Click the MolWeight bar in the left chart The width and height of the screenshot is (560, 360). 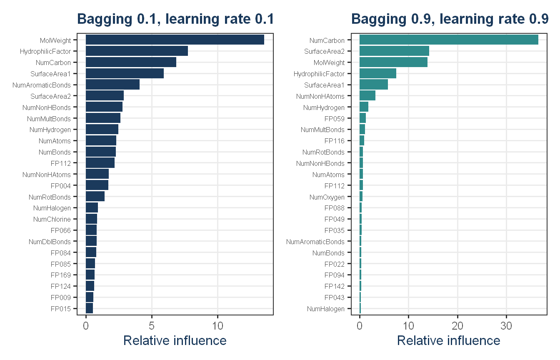tap(175, 40)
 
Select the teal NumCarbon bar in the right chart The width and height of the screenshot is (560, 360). tap(449, 40)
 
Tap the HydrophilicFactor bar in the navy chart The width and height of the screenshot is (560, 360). tap(137, 51)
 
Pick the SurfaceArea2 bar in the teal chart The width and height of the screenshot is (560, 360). tap(394, 51)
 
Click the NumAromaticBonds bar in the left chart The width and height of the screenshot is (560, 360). tap(112, 85)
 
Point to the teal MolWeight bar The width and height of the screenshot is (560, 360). tap(393, 62)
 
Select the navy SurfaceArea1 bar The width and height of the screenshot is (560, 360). tap(125, 73)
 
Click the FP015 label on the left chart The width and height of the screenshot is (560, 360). tap(61, 309)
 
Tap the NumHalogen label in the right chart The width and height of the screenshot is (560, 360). tap(325, 309)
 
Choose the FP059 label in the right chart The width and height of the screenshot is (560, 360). tap(334, 119)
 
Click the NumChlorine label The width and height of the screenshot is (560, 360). tap(52, 219)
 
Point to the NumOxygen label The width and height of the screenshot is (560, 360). tap(327, 197)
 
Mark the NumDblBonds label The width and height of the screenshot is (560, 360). tap(50, 242)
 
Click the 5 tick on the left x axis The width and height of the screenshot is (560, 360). tap(152, 326)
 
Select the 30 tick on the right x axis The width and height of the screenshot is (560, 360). tap(506, 326)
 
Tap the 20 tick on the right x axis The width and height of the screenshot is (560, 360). tap(457, 326)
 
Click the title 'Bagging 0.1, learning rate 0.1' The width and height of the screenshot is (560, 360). tap(175, 19)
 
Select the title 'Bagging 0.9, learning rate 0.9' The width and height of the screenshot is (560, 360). tap(450, 19)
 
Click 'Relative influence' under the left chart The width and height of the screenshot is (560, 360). tap(175, 340)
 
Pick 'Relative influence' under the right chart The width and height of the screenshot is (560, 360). tap(449, 340)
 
